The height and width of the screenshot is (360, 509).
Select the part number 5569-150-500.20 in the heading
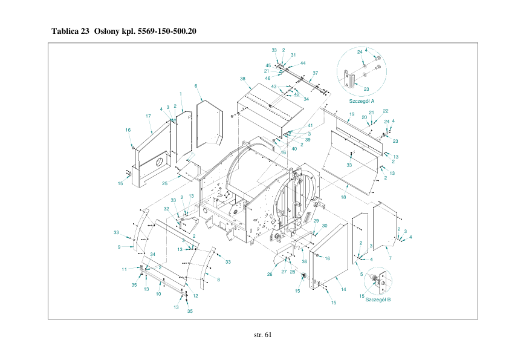click(x=167, y=31)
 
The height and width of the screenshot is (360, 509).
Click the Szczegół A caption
click(x=362, y=101)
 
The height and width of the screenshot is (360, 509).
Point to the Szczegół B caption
click(x=378, y=299)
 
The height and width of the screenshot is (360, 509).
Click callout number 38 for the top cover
click(x=242, y=79)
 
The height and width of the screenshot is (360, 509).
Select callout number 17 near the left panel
click(x=148, y=116)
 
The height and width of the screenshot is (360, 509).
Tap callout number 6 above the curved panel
click(x=196, y=86)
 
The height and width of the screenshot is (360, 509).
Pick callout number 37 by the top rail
click(x=315, y=73)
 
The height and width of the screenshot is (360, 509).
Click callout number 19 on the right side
click(x=351, y=114)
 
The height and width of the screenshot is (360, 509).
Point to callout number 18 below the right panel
click(x=343, y=197)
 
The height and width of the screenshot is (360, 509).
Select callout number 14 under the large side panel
click(x=343, y=290)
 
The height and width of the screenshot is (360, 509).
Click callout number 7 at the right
click(x=390, y=258)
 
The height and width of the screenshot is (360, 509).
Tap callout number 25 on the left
click(x=164, y=183)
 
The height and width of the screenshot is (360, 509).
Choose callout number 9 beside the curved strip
click(x=119, y=247)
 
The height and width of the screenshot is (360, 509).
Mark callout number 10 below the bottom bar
click(x=158, y=294)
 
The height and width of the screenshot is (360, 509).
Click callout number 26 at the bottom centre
click(x=270, y=274)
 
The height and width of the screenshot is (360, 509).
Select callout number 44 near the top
click(x=303, y=63)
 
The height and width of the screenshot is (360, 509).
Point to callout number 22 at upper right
click(x=385, y=111)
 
